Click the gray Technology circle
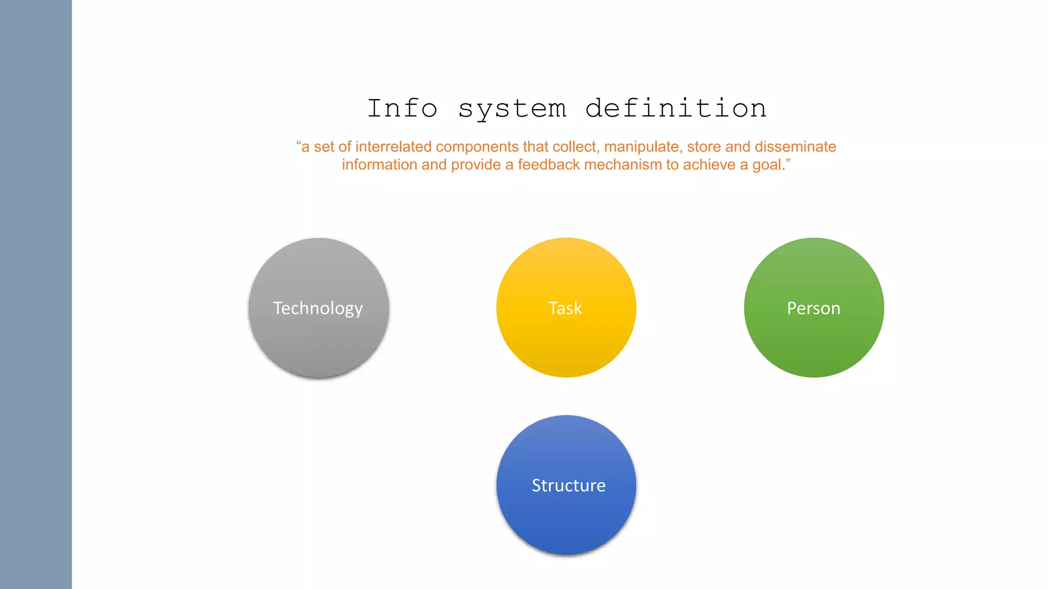[318, 308]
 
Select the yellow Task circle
[566, 308]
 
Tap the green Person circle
[814, 308]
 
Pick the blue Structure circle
[566, 485]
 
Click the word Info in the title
[402, 108]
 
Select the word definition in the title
[675, 108]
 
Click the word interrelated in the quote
[394, 147]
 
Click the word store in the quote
[704, 147]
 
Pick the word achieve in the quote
[709, 165]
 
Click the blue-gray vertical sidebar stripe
[36, 294]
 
